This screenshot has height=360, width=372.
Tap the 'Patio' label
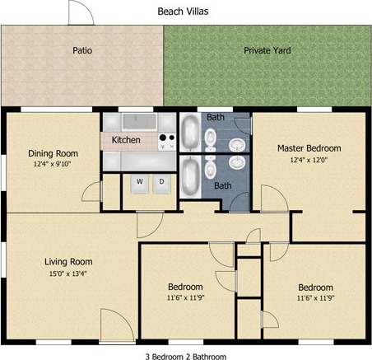tap(82, 50)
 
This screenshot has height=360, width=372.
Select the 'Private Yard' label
tap(267, 50)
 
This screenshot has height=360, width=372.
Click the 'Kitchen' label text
tap(126, 140)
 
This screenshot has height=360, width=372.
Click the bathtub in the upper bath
tap(189, 132)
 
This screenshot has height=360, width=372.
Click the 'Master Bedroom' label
tap(309, 148)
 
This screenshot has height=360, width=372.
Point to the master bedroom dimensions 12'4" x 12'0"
tap(309, 161)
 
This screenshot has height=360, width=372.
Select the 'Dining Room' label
tap(53, 153)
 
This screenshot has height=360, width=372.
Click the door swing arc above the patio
tap(80, 13)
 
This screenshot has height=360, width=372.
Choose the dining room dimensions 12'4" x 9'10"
tap(53, 165)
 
